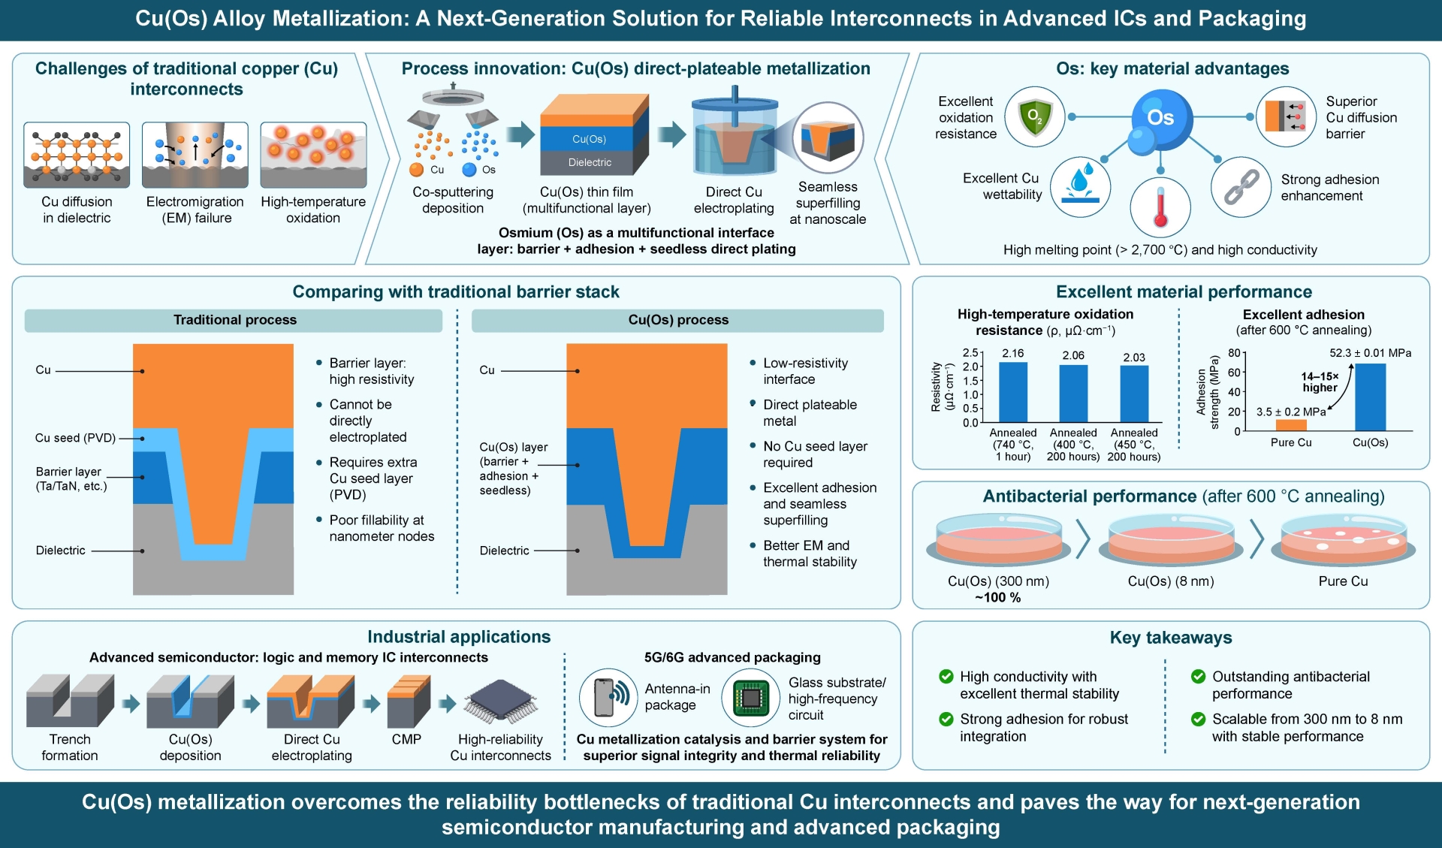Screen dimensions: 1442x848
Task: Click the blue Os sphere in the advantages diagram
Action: [1160, 117]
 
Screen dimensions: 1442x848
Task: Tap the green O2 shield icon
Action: [1035, 117]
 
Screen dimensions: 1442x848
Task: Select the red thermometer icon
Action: [1160, 207]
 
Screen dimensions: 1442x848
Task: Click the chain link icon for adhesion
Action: [1241, 187]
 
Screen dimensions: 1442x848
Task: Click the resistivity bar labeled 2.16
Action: [1013, 392]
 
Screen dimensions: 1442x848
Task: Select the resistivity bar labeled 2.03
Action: [1134, 394]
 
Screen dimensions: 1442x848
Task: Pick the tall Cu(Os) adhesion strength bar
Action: [1371, 397]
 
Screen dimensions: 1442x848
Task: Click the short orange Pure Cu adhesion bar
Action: [1291, 425]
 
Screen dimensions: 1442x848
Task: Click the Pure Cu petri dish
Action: [1344, 539]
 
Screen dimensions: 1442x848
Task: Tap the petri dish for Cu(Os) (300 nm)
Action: [999, 539]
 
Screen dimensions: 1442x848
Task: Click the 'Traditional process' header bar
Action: [234, 320]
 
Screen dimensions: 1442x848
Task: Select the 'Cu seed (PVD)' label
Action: [75, 438]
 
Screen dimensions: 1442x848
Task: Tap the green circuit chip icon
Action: [751, 698]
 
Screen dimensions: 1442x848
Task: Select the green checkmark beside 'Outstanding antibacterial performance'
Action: [1199, 676]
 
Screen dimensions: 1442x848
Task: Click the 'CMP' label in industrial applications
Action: [406, 739]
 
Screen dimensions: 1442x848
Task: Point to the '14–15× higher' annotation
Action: [1320, 382]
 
